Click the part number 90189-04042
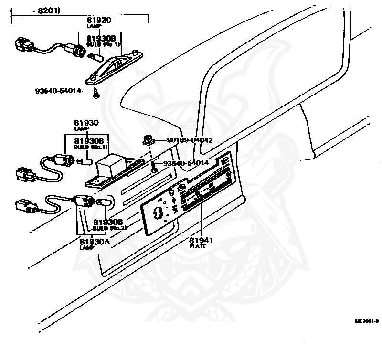pyautogui.click(x=190, y=140)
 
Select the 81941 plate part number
pyautogui.click(x=201, y=240)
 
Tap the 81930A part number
pyautogui.click(x=95, y=242)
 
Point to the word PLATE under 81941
pyautogui.click(x=197, y=246)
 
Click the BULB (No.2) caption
pyautogui.click(x=109, y=228)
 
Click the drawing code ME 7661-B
pyautogui.click(x=366, y=321)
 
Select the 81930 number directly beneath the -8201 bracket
pyautogui.click(x=99, y=21)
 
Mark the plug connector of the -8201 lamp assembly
pyautogui.click(x=23, y=44)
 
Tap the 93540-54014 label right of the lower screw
pyautogui.click(x=186, y=163)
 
